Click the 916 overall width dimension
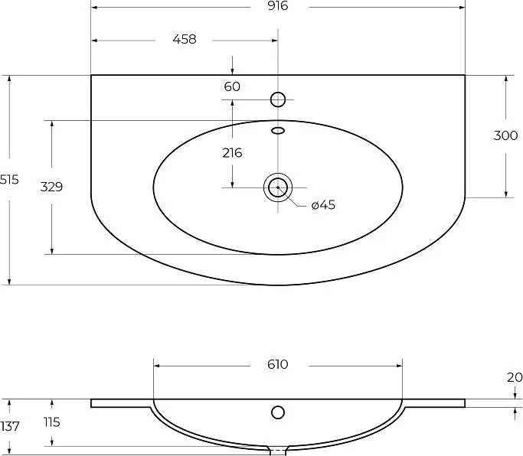(x=277, y=5)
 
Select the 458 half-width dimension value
(x=185, y=39)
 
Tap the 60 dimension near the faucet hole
(x=232, y=86)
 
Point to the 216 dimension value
(x=232, y=153)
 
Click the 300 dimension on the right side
(x=505, y=135)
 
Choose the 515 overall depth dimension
(x=9, y=180)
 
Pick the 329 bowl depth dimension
(x=51, y=187)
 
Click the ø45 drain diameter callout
(x=323, y=205)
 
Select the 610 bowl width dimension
(x=277, y=364)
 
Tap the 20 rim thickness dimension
(x=515, y=377)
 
